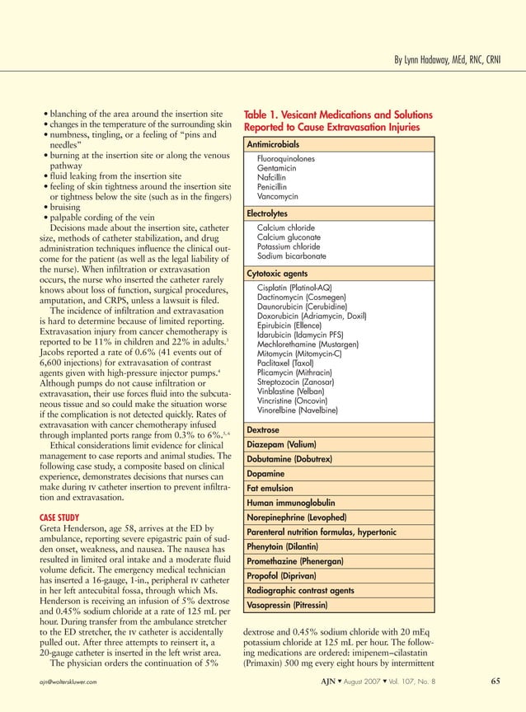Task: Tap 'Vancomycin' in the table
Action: tap(279, 197)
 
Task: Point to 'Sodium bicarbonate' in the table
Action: tap(291, 256)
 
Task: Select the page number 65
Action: tap(495, 682)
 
